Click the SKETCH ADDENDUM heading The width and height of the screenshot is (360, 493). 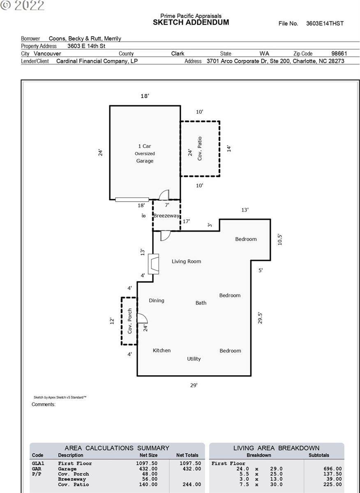click(x=191, y=23)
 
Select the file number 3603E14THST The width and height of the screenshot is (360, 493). click(x=325, y=23)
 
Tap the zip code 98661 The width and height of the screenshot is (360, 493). click(x=339, y=53)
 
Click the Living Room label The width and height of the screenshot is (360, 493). click(x=186, y=261)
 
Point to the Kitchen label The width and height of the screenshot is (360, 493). click(x=162, y=350)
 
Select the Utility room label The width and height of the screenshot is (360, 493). click(x=194, y=359)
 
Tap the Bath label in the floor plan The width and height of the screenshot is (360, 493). click(x=201, y=303)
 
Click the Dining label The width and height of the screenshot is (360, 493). click(x=156, y=300)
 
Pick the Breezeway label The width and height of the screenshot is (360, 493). click(x=166, y=216)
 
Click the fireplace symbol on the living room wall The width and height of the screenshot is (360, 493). click(x=155, y=264)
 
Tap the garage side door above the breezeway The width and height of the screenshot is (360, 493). click(x=164, y=195)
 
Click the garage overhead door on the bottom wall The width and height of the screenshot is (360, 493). click(x=132, y=200)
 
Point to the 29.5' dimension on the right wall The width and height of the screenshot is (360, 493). click(x=260, y=318)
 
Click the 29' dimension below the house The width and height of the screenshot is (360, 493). click(x=194, y=385)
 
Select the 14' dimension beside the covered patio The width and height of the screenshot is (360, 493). click(x=229, y=148)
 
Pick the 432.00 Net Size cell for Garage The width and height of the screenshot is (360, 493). click(x=149, y=469)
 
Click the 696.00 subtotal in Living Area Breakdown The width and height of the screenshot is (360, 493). click(x=332, y=469)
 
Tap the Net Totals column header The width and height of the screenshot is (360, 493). click(x=187, y=455)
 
